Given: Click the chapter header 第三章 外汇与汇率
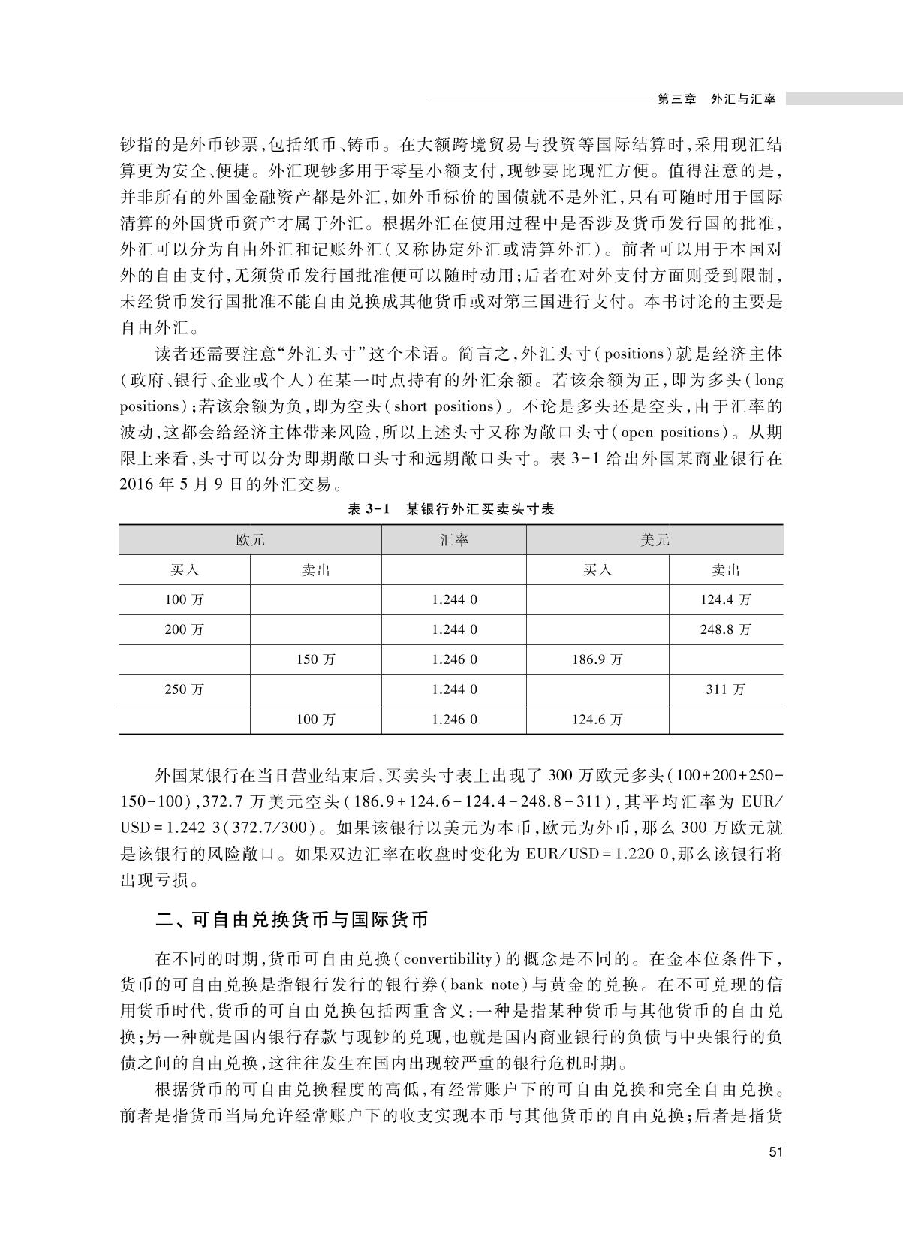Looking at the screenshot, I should pyautogui.click(x=715, y=99).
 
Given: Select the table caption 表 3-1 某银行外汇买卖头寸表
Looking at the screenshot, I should pyautogui.click(x=451, y=509).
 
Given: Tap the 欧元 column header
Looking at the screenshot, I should pyautogui.click(x=250, y=540).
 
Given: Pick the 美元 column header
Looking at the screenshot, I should pyautogui.click(x=655, y=540).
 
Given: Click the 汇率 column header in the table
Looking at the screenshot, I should pyautogui.click(x=454, y=540).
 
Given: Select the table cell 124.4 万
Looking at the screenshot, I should pyautogui.click(x=725, y=600).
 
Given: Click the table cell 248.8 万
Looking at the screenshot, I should pyautogui.click(x=725, y=629).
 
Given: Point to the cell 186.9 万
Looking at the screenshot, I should pyautogui.click(x=597, y=659).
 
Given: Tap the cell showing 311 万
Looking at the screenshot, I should pyautogui.click(x=725, y=689).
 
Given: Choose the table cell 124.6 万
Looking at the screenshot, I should pyautogui.click(x=597, y=720).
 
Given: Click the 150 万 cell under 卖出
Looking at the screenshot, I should pyautogui.click(x=315, y=659).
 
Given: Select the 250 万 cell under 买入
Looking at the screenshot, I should pyautogui.click(x=185, y=689).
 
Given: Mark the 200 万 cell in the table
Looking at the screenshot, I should pyautogui.click(x=185, y=629).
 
